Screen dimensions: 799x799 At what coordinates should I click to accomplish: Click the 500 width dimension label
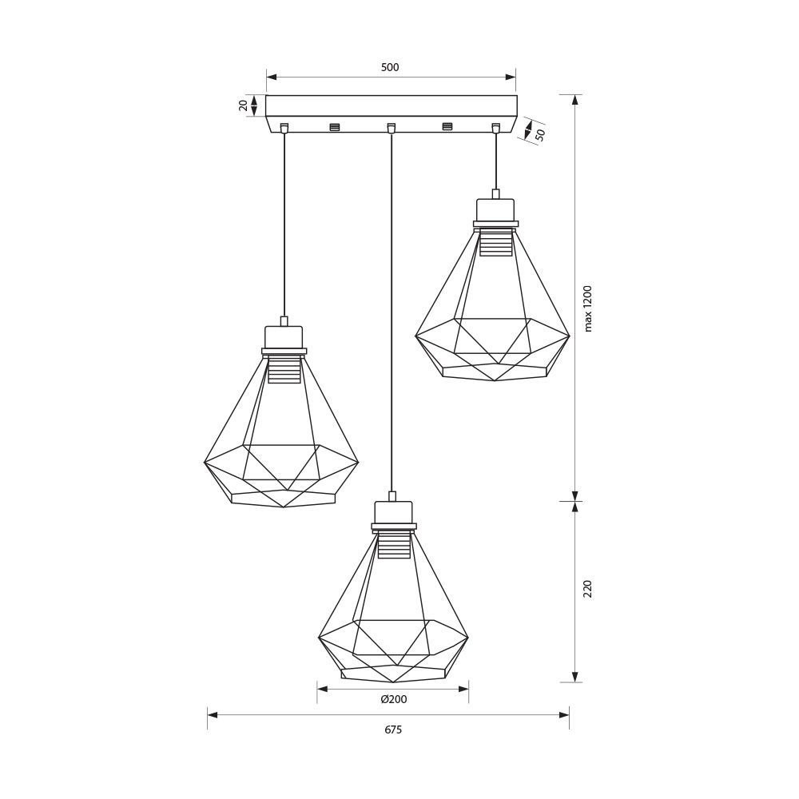[391, 67]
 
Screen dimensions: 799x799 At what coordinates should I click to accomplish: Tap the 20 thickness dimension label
[244, 105]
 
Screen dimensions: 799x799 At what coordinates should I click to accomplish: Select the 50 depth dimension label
[540, 134]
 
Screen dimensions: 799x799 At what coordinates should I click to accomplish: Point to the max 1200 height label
[589, 308]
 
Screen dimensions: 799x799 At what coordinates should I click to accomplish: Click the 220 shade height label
[588, 589]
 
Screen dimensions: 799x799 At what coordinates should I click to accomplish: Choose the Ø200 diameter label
[393, 699]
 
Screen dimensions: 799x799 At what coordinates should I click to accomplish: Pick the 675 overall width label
[393, 729]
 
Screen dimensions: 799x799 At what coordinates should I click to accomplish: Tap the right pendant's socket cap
[496, 209]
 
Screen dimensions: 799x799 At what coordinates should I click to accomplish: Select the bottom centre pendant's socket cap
[393, 512]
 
